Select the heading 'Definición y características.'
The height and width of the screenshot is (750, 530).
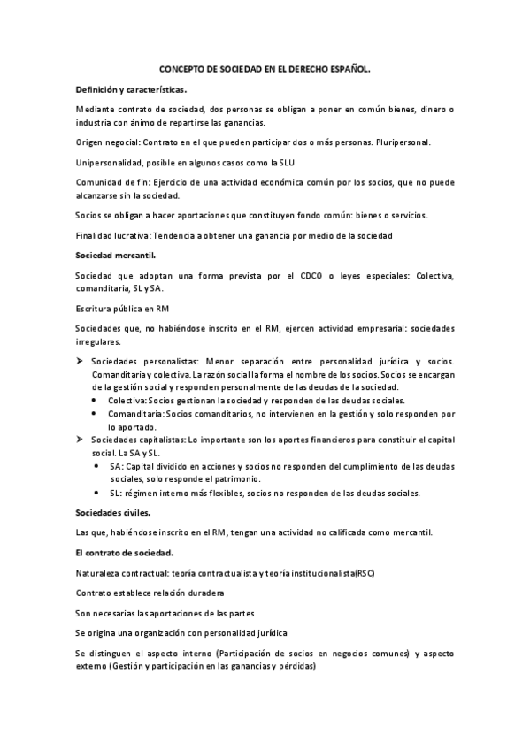[x=131, y=89]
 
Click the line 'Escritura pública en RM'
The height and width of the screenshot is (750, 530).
[x=122, y=308]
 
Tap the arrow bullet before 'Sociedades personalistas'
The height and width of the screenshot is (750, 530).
[x=80, y=360]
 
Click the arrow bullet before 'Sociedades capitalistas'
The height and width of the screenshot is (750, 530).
[x=80, y=440]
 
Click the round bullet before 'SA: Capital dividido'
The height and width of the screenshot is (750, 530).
[x=96, y=466]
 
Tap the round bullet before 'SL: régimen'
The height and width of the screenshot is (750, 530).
[x=96, y=493]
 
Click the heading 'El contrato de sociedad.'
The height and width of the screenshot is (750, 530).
[x=125, y=552]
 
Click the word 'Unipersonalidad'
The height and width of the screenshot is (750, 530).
[x=110, y=161]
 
